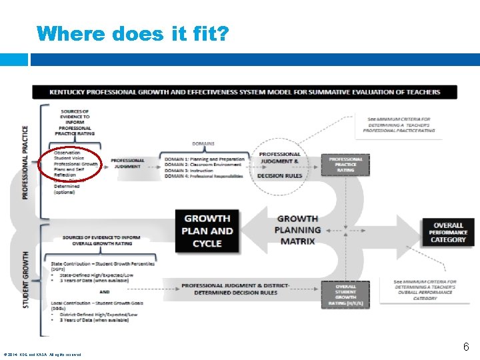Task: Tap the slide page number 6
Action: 467,347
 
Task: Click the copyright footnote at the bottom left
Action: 42,354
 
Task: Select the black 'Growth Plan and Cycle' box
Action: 207,231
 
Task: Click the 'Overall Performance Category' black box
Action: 448,233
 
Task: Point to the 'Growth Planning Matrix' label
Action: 297,229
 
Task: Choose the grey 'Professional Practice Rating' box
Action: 345,165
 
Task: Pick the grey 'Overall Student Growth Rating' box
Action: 345,295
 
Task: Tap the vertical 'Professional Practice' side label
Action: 25,162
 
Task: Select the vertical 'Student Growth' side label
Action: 25,279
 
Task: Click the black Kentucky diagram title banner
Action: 244,92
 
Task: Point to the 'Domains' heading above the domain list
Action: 203,143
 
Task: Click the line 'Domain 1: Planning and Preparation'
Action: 205,159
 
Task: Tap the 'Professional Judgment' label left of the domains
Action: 127,163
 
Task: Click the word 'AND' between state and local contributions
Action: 105,291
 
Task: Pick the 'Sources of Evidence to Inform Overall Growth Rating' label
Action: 101,241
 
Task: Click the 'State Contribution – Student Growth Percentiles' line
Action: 100,265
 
